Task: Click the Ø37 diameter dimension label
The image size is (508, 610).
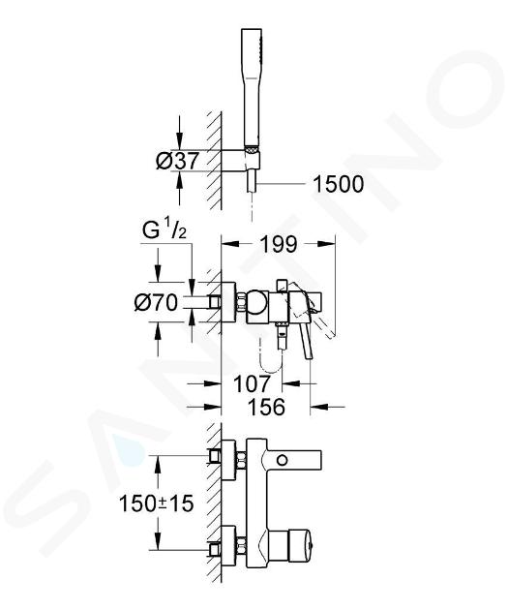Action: [177, 161]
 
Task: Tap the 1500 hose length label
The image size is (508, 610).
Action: [338, 184]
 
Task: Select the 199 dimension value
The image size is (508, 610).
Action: [279, 244]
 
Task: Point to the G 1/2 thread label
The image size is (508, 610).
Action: [164, 230]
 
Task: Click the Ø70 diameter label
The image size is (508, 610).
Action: [156, 302]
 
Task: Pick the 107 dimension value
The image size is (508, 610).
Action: [252, 383]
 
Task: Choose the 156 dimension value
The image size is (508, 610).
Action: [266, 407]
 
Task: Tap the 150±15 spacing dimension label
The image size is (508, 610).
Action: [156, 503]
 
